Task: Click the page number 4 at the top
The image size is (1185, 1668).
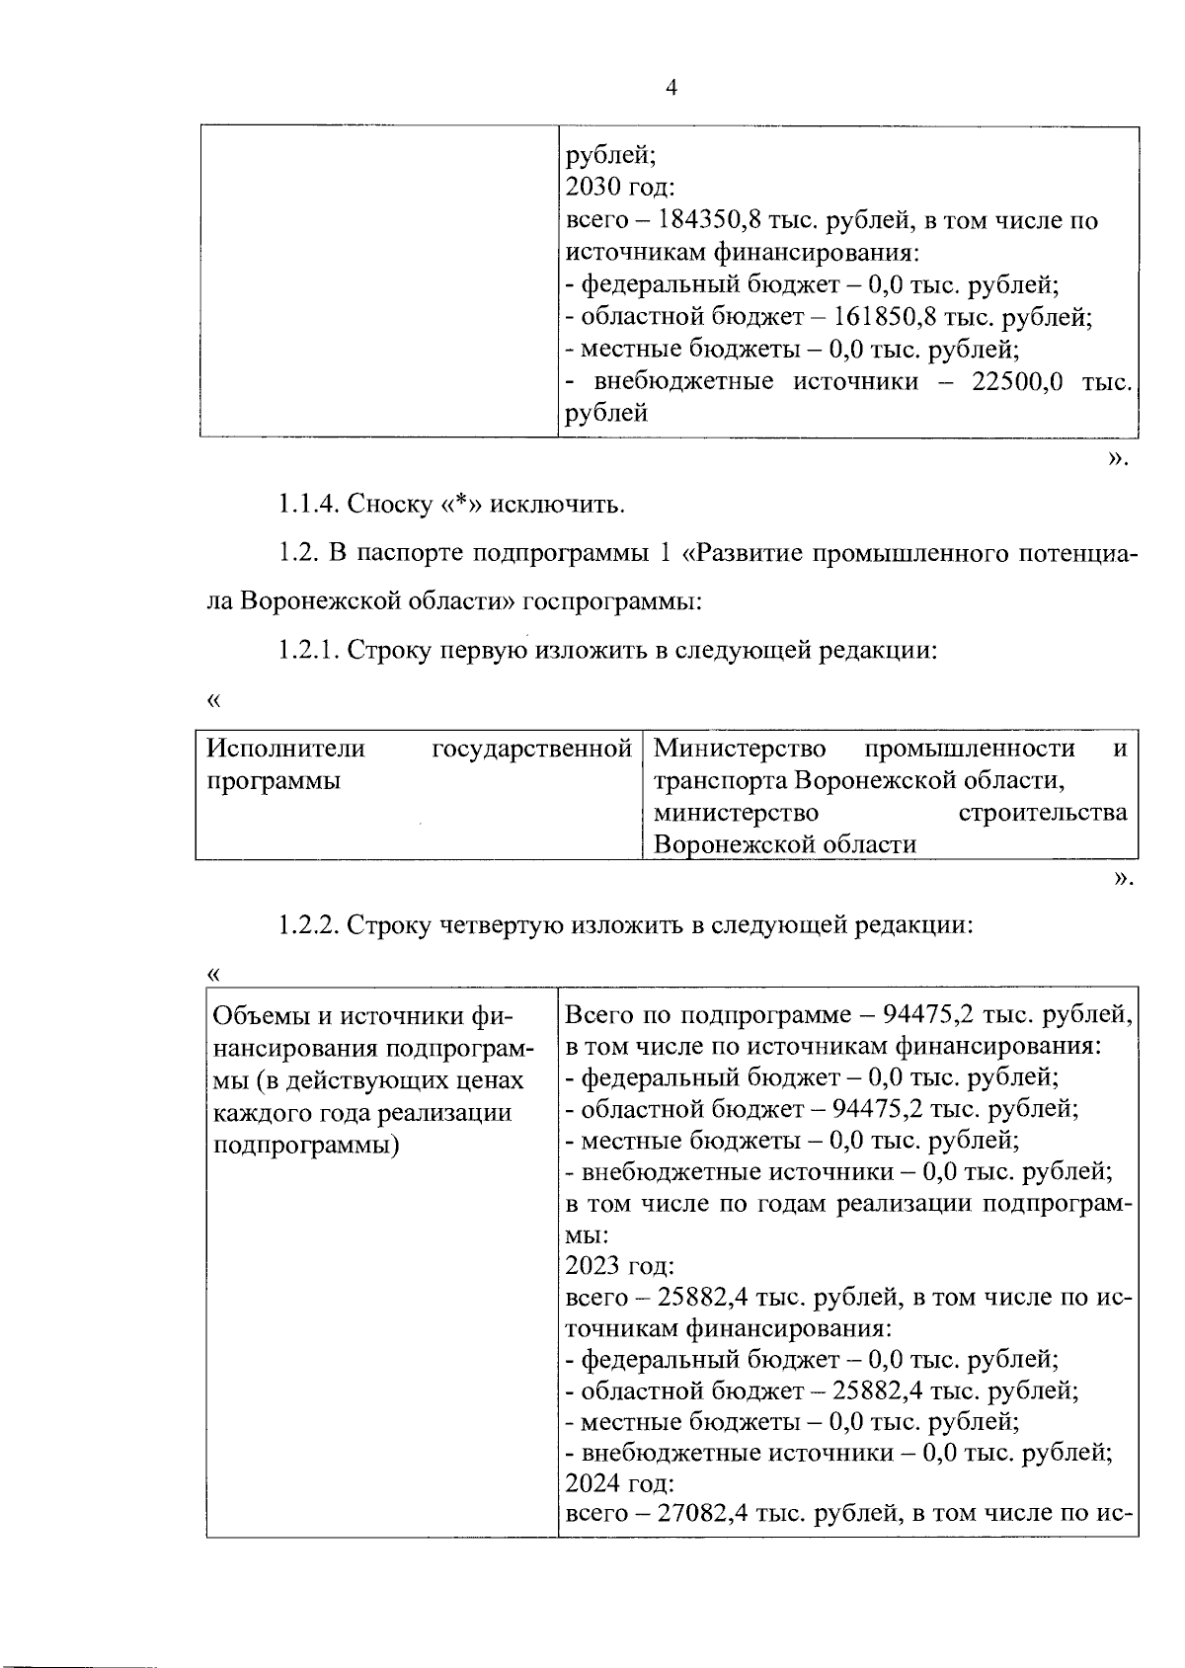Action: click(671, 88)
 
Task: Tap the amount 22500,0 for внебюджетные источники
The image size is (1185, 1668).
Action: click(1016, 381)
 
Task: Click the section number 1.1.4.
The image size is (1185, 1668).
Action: click(308, 505)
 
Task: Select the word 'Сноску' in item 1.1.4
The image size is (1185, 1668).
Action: click(390, 505)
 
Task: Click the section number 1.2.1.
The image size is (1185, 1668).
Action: click(308, 651)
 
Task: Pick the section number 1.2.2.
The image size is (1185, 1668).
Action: click(308, 925)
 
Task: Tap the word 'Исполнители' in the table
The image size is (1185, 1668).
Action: click(285, 749)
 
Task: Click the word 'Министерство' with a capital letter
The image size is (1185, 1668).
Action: click(740, 749)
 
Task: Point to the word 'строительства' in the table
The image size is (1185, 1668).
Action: click(1043, 813)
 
